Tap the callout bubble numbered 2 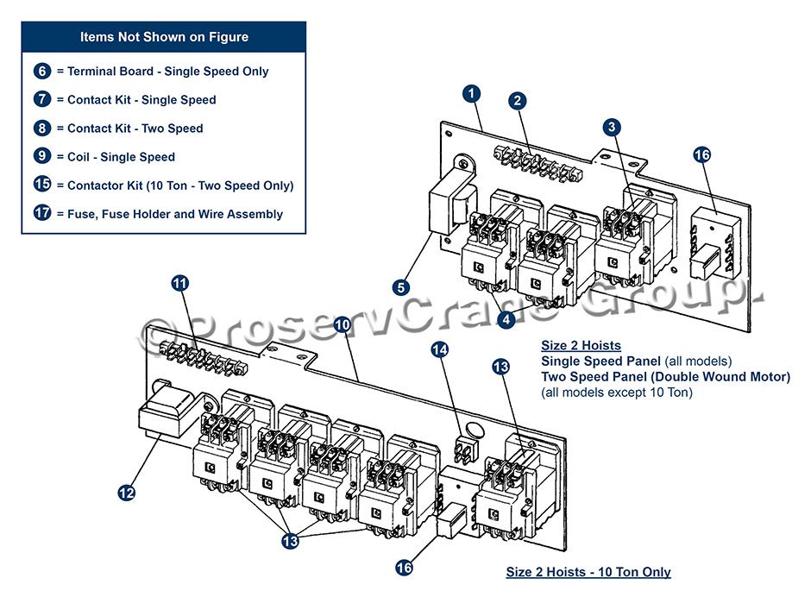[x=517, y=100]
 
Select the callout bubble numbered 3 [x=612, y=127]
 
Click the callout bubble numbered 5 [x=402, y=286]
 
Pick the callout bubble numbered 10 [x=342, y=325]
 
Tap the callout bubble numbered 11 [x=179, y=283]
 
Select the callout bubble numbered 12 [x=126, y=493]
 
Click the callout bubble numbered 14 [x=440, y=349]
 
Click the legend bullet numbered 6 [x=43, y=72]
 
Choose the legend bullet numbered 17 [x=43, y=214]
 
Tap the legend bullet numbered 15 [x=43, y=185]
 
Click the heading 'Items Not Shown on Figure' [x=164, y=37]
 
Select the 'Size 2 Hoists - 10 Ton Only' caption [x=588, y=572]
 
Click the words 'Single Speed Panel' [x=594, y=361]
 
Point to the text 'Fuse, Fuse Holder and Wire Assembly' [x=175, y=214]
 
